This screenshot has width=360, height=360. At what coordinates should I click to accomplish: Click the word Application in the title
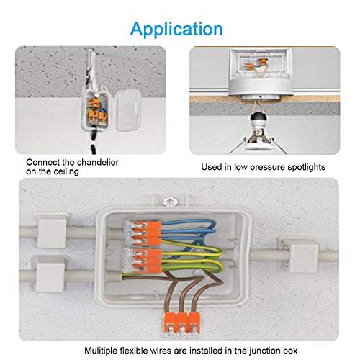tap(177, 29)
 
